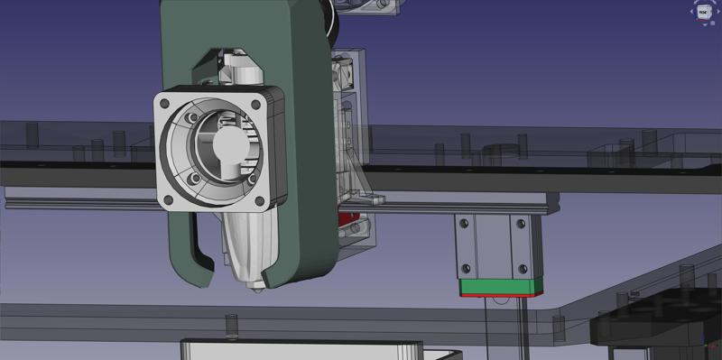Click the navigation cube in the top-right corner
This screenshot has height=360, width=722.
click(703, 12)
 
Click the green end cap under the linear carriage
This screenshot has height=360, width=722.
click(501, 288)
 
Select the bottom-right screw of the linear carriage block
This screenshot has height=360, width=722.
click(522, 268)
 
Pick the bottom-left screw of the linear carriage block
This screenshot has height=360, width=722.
click(466, 268)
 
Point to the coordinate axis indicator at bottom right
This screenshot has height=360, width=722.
click(708, 346)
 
